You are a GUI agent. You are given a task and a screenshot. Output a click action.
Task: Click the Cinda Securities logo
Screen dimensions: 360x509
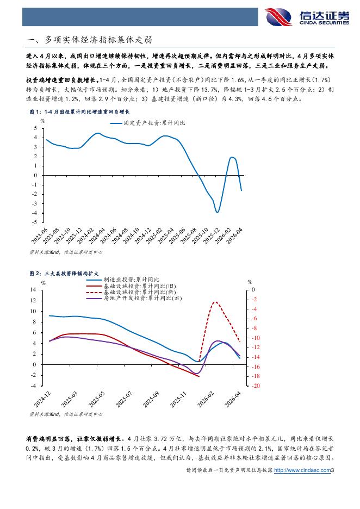[x=307, y=16]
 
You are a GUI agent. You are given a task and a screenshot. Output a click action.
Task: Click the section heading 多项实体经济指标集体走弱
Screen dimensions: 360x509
[x=98, y=40]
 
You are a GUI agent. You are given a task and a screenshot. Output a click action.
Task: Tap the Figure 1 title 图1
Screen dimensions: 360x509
[x=79, y=111]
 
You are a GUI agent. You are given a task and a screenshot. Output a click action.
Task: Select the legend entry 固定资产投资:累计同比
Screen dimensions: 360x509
[x=148, y=123]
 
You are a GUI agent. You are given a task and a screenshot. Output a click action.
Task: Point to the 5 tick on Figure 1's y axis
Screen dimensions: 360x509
[x=35, y=128]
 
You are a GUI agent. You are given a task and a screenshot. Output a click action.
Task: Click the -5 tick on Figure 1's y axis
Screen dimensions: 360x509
[x=34, y=222]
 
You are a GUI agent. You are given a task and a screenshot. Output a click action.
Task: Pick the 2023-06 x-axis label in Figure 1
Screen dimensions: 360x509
[x=39, y=235]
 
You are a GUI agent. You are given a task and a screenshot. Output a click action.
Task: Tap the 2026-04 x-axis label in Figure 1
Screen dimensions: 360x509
[x=234, y=235]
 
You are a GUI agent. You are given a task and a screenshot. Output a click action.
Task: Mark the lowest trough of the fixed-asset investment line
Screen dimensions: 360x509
[x=217, y=212]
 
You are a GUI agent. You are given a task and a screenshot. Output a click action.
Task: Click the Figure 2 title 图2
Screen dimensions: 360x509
[x=64, y=274]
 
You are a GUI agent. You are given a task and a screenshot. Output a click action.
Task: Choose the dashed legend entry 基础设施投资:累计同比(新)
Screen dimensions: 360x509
[x=131, y=292]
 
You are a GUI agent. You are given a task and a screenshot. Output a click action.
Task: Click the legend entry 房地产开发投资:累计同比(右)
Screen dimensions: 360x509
[x=134, y=298]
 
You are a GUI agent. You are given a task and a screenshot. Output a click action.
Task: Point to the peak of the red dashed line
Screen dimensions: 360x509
[x=215, y=302]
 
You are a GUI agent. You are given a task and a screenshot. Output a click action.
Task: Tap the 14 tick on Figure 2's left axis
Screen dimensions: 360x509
[x=33, y=289]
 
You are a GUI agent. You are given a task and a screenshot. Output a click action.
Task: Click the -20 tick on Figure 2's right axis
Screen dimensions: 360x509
[x=256, y=386]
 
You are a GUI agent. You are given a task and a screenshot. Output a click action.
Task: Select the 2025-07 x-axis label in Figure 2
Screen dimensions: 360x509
[x=123, y=399]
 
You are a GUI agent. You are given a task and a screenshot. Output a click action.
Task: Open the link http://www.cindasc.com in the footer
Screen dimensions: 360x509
[x=302, y=470]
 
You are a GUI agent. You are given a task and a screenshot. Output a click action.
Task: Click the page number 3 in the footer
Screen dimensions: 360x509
[x=332, y=470]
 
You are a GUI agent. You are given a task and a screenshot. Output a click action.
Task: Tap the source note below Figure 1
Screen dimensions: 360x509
[x=66, y=252]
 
